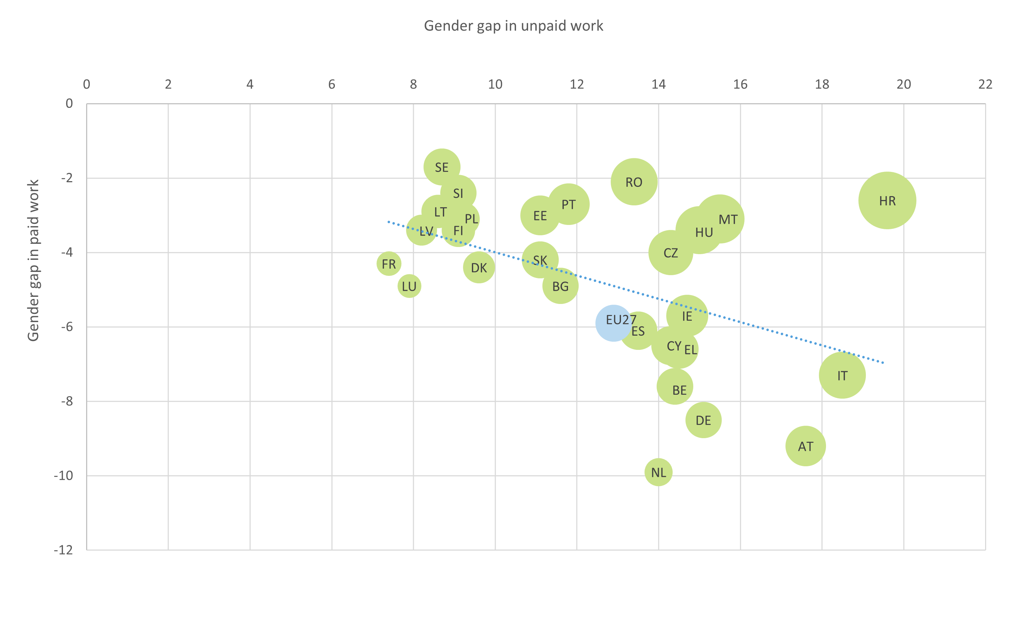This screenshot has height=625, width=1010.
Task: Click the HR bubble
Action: pos(887,200)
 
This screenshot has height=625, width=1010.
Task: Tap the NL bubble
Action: pos(658,472)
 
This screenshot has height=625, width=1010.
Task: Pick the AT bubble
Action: pos(805,446)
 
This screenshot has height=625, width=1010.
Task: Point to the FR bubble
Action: pos(389,264)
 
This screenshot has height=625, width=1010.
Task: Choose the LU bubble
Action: pos(409,286)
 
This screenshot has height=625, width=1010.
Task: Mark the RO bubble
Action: pos(633,182)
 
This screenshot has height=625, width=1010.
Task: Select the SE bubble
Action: pos(442,167)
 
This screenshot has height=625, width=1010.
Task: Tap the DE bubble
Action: pos(703,420)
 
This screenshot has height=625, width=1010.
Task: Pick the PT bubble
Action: pos(569,204)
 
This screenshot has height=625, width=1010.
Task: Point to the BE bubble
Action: pos(675,387)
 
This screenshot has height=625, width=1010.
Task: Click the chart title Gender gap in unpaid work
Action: pos(513,26)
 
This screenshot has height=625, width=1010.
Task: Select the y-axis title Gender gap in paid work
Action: pos(33,261)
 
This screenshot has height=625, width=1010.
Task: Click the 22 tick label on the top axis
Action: pos(985,84)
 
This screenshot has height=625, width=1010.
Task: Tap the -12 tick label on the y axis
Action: pos(63,550)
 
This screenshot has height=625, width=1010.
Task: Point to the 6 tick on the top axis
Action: pos(331,84)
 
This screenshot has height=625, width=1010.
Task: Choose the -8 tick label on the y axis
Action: pos(66,401)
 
